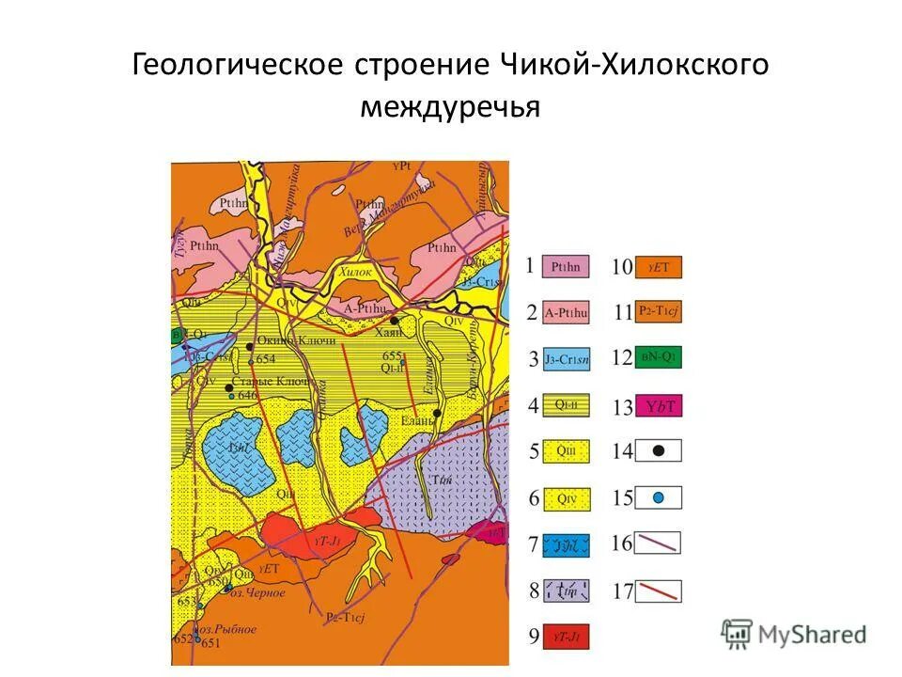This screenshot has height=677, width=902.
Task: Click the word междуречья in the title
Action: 450,106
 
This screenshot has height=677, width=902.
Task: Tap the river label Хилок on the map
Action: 356,271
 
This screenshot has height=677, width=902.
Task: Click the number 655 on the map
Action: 392,355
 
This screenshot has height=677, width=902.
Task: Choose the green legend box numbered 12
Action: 659,358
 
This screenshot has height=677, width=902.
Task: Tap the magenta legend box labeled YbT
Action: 659,406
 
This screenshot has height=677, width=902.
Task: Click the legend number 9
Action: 534,638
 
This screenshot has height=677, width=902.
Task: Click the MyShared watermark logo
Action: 794,634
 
